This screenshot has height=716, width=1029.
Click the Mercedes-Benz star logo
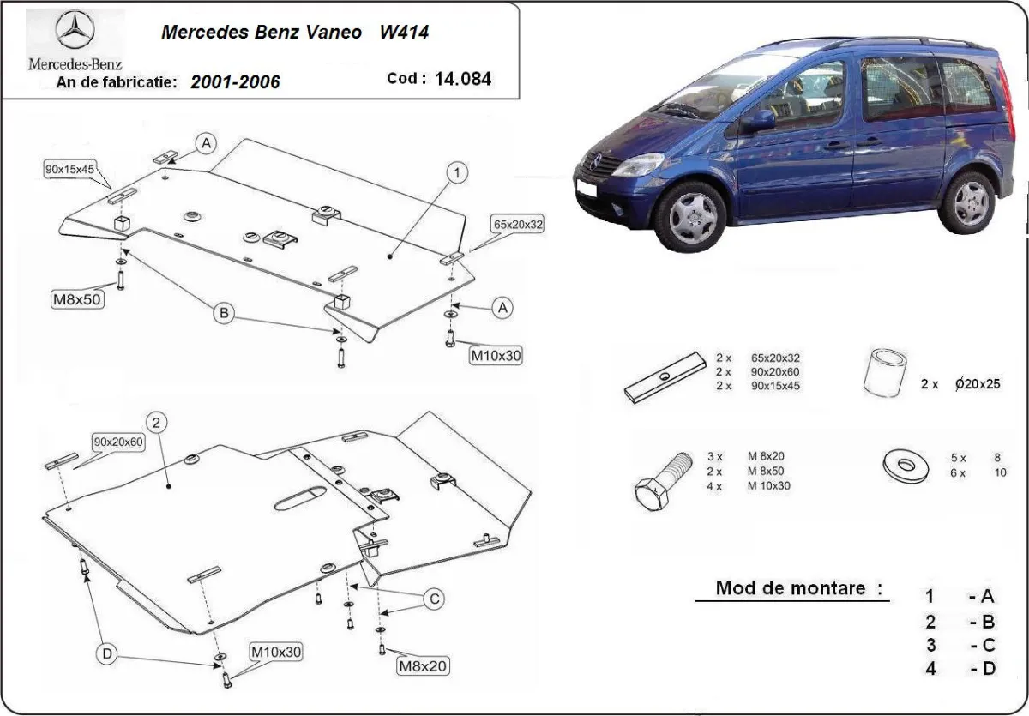point(75,33)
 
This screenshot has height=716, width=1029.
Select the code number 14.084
point(462,79)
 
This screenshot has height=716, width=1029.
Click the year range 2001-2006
point(235,82)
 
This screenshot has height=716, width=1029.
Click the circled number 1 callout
point(457,173)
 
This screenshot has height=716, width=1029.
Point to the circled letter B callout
point(224,315)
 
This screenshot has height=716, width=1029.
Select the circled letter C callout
point(434,598)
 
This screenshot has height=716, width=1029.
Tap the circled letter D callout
point(107,654)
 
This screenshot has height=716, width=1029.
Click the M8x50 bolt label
point(78,298)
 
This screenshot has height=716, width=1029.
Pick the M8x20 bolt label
point(422,665)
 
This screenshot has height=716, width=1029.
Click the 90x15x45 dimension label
point(69,170)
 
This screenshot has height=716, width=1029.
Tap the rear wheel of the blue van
point(969,202)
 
